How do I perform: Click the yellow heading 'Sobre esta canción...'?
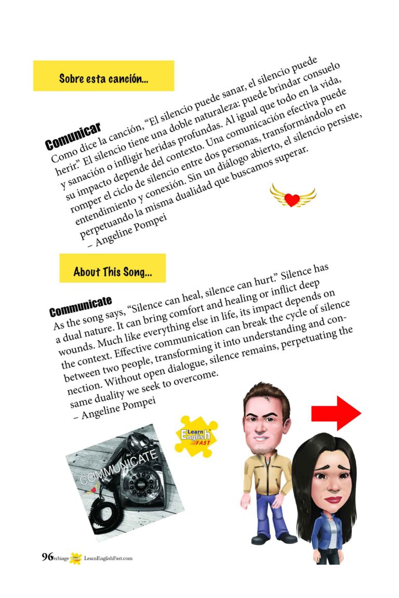103,79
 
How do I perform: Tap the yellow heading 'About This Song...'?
112,271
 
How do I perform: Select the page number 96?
47,557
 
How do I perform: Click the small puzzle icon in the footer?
76,558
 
